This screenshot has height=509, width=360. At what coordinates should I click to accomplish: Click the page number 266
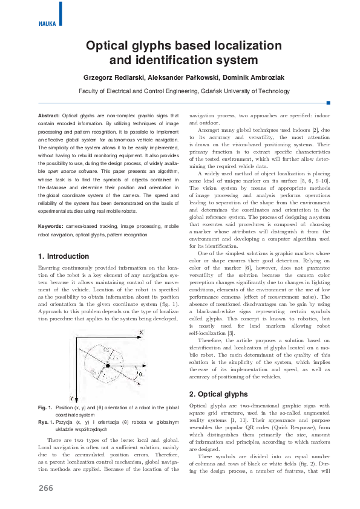tap(46, 488)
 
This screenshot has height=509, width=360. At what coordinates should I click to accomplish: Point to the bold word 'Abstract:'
tap(48, 115)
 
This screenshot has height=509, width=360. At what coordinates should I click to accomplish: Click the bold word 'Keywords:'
tap(51, 226)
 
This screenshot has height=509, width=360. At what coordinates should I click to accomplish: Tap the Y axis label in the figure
tap(71, 398)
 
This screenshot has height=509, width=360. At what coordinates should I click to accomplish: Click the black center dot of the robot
tap(108, 366)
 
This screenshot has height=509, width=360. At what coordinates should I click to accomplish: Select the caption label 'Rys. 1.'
tap(45, 422)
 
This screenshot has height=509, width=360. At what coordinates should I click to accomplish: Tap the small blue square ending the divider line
tap(327, 102)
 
